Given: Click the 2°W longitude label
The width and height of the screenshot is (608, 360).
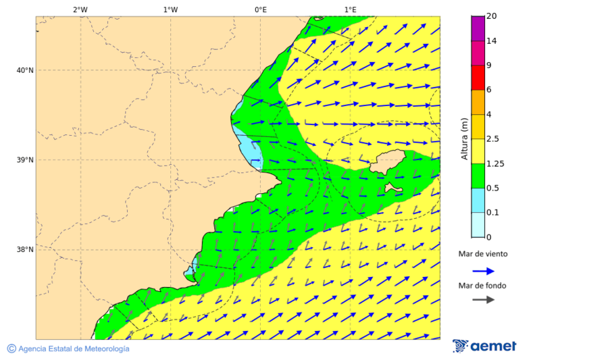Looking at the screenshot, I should point(80,9).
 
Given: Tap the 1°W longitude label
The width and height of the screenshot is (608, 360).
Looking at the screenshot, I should point(170,9).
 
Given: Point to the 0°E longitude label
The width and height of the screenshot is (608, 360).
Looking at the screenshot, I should point(260,9).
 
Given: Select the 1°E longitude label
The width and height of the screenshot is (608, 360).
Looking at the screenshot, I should point(351,9).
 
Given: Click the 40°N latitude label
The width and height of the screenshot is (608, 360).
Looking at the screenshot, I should point(24,70).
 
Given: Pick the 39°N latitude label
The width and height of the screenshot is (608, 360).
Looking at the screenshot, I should point(24,160).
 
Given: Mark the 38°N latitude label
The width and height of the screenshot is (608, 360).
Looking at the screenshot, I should point(24,249).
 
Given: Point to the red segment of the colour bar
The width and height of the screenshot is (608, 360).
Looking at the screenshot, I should point(478,78).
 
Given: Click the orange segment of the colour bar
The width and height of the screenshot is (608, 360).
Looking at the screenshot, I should point(478,102).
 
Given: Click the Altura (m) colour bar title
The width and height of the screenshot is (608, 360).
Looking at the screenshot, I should point(464,138).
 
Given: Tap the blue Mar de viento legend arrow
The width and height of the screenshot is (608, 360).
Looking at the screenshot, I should point(483,271).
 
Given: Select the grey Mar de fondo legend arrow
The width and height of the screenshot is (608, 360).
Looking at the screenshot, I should point(483,299).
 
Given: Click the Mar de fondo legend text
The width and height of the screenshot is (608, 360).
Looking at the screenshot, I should point(482,286).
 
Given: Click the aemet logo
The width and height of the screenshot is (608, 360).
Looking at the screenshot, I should point(484,346).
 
